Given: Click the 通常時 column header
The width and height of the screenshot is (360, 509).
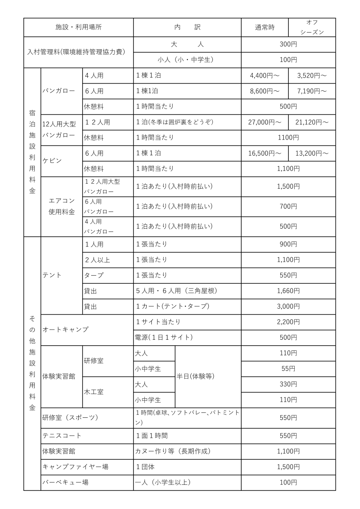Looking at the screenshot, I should (265, 28).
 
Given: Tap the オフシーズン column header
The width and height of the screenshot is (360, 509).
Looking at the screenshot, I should (312, 28).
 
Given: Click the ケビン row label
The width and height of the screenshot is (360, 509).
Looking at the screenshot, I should (52, 161).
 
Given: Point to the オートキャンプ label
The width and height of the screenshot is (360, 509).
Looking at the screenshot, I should (65, 330).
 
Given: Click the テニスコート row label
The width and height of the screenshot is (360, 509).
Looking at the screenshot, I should (61, 436).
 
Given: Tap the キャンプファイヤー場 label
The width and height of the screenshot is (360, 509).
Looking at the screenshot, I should (75, 467).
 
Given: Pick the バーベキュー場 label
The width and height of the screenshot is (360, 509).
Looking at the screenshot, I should (65, 482).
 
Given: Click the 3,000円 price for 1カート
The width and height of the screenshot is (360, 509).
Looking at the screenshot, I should (288, 306).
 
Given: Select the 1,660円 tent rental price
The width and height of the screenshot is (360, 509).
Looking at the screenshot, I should (288, 291).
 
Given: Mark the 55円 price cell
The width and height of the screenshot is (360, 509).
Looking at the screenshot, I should (288, 369).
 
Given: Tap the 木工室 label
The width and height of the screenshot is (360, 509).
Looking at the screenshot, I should (94, 392).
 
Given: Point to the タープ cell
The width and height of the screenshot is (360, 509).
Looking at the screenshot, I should (94, 275).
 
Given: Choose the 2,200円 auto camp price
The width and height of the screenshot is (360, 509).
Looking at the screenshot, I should (288, 322).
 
